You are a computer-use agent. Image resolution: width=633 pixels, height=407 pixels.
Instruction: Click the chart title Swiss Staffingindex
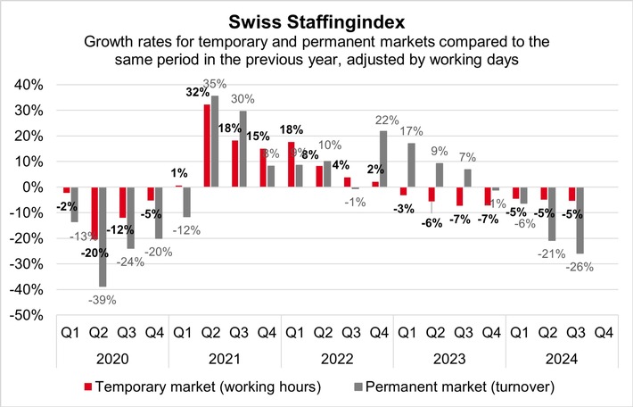(x=316, y=19)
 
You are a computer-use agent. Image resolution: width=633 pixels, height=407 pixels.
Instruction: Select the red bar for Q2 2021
(x=207, y=146)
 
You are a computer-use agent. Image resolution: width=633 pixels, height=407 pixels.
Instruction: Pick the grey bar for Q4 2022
(x=383, y=159)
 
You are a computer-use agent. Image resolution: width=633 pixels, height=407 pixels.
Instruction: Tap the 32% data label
(x=192, y=92)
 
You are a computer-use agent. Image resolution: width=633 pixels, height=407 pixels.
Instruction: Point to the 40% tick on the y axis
(x=29, y=85)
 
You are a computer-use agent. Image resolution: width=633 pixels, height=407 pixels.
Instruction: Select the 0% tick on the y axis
(x=33, y=187)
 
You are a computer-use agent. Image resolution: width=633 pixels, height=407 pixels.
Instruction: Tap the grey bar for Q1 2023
(x=412, y=165)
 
